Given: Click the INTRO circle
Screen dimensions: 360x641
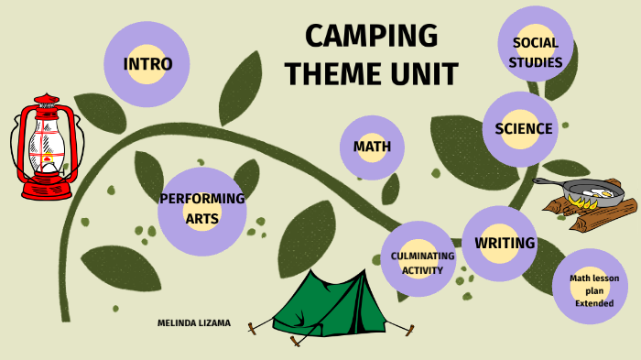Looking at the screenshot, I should [147, 64].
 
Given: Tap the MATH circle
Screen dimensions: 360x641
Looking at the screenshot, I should [372, 147].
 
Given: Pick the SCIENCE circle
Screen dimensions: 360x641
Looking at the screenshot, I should [523, 129].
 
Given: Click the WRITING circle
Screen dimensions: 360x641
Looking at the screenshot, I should [504, 244].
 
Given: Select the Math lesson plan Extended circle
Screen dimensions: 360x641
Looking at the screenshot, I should [593, 289].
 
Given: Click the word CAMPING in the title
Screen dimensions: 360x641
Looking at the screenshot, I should [371, 37].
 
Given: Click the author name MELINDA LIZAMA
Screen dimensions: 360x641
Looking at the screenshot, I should [194, 323].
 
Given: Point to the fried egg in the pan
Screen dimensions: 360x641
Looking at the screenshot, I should [594, 191].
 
